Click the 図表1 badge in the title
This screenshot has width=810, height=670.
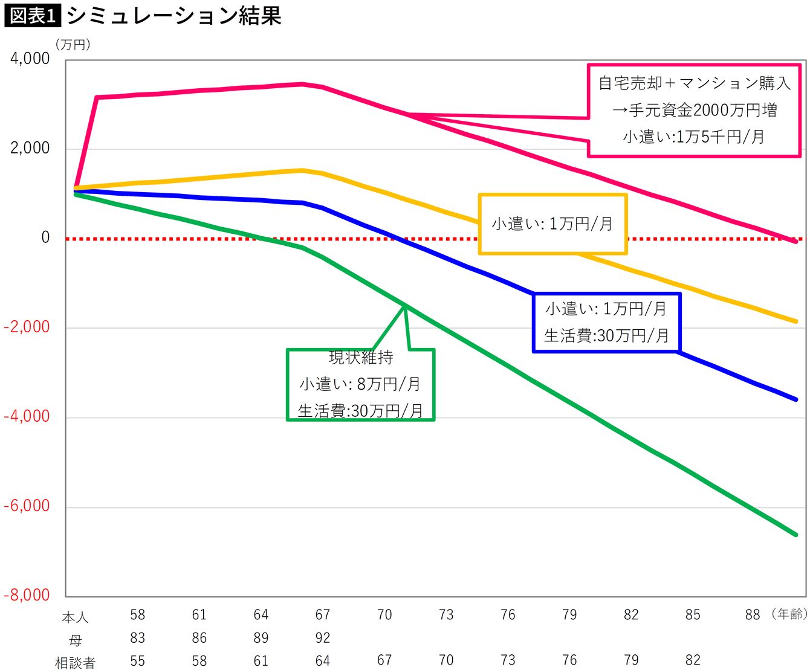point(32,16)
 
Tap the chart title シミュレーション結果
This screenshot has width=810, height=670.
point(174,16)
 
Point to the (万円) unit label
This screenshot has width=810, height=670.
point(73,45)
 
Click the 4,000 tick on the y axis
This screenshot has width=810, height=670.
point(30,59)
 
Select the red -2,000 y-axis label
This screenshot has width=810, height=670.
point(27,327)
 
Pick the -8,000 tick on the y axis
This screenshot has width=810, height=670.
point(27,595)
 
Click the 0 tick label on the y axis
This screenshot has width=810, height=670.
point(45,237)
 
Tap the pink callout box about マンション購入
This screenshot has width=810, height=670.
point(694,110)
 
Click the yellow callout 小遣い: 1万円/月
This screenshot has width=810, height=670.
point(552,224)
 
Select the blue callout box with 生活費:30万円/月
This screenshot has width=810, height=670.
point(606,322)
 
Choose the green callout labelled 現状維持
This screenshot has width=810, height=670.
point(361,384)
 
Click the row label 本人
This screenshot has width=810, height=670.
point(75,617)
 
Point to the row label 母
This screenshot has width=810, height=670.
point(75,640)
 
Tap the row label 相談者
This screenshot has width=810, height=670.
point(75,663)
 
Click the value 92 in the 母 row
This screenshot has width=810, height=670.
point(323,638)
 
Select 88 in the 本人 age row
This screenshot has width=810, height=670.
point(753,615)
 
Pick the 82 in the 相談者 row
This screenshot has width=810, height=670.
point(693,660)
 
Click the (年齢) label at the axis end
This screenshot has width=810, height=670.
point(789,614)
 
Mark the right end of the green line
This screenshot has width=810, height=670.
point(795,534)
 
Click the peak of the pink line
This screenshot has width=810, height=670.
point(302,84)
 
